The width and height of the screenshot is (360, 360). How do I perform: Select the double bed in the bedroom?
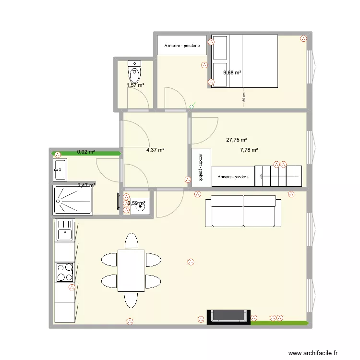(243, 61)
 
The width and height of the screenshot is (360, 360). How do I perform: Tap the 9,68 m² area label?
(232, 73)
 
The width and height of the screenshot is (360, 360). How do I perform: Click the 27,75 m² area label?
(236, 140)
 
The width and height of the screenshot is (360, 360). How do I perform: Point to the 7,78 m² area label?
(249, 150)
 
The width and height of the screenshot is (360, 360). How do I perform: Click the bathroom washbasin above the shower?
(60, 168)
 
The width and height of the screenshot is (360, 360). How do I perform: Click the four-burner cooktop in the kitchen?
(64, 272)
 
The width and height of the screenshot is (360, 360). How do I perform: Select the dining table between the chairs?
(131, 270)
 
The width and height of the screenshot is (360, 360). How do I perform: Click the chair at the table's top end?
(131, 240)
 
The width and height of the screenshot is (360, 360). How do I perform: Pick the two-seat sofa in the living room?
(243, 211)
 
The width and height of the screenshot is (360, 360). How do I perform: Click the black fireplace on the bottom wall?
(228, 316)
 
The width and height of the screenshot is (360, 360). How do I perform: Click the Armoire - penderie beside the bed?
(182, 46)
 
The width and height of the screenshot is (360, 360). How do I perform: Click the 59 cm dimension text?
(244, 97)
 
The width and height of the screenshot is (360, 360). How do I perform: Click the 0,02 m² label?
(86, 152)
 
